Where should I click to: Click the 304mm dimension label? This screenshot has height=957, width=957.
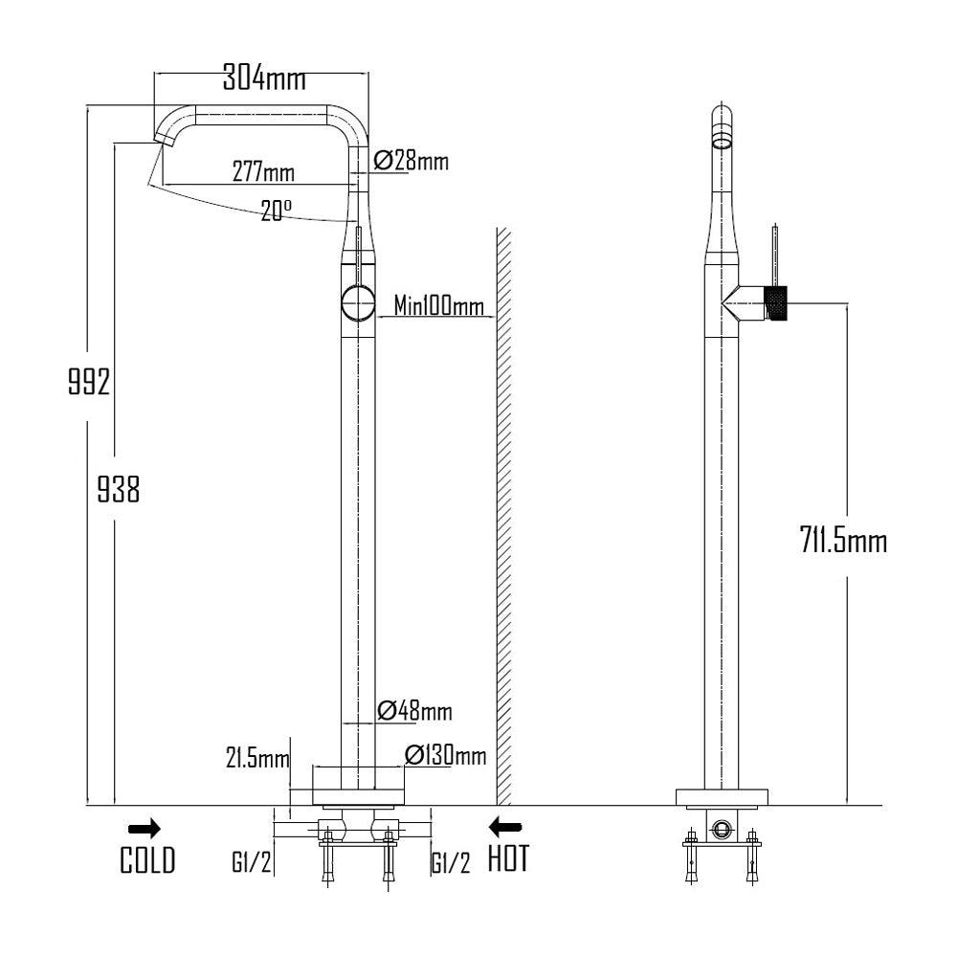pos(258,77)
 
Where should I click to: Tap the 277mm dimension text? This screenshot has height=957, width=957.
pos(263,172)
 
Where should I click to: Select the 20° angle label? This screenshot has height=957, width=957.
pos(276,211)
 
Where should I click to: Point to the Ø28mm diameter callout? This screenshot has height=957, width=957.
pos(412,160)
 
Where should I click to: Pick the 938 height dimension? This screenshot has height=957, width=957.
pos(119,490)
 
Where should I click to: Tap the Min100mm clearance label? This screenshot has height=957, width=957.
pos(439,306)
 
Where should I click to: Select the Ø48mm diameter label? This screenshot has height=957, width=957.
pos(414,711)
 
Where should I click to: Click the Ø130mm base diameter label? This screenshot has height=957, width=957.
pos(445,755)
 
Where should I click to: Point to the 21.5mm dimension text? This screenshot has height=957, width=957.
pos(257,759)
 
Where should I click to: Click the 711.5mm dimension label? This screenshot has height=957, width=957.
pos(843,542)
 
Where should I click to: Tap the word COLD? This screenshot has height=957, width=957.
pos(147,860)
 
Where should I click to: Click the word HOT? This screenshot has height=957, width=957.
pos(507,859)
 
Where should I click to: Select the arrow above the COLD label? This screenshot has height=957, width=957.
pos(145,828)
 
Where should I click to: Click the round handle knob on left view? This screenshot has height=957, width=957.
pos(358,303)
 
